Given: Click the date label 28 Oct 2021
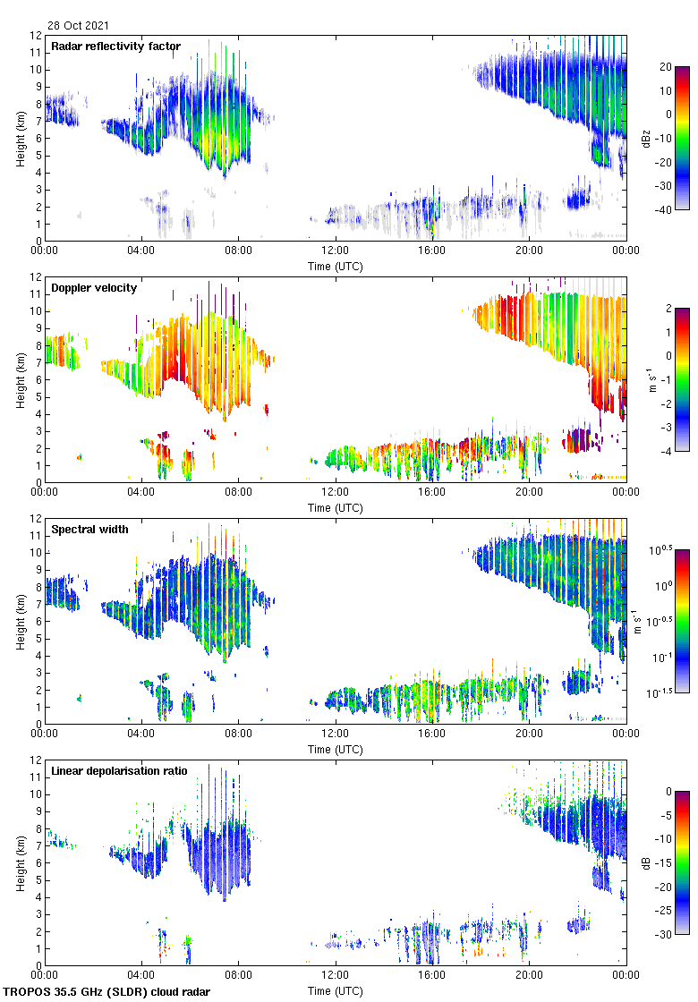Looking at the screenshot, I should (79, 26).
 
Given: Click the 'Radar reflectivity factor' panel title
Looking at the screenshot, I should (115, 47).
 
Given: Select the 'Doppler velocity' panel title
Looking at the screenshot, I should (94, 288).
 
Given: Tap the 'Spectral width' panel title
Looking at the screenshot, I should (89, 530).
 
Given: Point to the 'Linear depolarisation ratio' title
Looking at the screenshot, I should (119, 771).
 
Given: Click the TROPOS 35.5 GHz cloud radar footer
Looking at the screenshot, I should (108, 992).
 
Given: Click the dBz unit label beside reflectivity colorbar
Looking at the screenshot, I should (645, 138).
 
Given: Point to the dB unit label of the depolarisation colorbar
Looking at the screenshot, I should (645, 862).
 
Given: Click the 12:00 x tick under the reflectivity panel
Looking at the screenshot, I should (335, 251).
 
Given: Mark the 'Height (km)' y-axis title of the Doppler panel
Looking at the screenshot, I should (20, 379).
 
